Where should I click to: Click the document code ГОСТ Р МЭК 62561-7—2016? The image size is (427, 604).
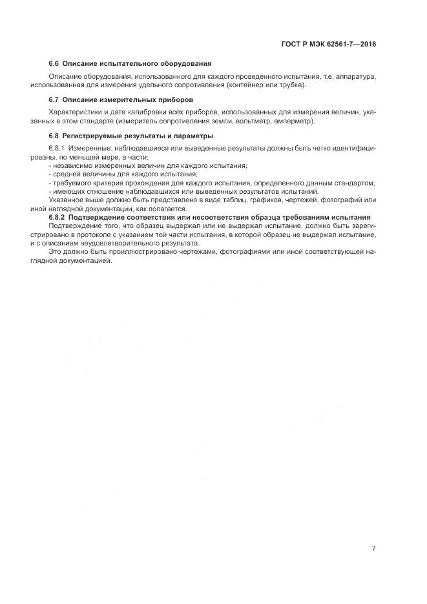329,45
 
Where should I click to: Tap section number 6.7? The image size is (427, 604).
54,99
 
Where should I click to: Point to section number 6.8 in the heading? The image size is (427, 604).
54,136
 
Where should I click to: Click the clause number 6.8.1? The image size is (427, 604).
58,149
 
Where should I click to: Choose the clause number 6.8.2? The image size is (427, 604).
58,217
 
